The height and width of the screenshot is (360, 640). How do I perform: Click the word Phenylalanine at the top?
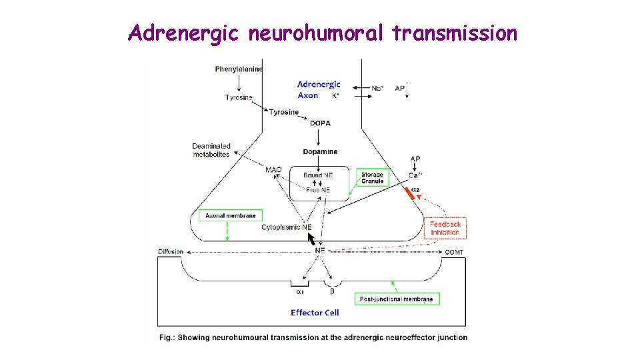coord(239,69)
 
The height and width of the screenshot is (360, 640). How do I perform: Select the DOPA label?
coord(320,123)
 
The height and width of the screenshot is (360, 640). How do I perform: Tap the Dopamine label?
coord(320,151)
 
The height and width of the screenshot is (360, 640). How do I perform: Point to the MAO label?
coord(273,170)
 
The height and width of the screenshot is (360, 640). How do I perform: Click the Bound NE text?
coord(318,175)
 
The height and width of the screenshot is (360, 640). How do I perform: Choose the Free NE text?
coord(318,190)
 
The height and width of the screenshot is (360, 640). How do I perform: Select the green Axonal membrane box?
coord(230,216)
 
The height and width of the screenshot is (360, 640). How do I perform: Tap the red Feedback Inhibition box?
coord(445,228)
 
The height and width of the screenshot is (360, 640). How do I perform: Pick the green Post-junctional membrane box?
coord(397,299)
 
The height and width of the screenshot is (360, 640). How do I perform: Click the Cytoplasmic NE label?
coord(287,227)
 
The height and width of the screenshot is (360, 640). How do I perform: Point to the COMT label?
coord(454,252)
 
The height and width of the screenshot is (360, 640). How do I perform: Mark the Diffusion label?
coord(171,252)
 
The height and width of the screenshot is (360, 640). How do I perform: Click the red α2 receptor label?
coord(415,190)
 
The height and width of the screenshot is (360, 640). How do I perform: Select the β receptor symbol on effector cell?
coord(332,291)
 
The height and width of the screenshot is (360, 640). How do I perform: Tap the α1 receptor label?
coord(300,291)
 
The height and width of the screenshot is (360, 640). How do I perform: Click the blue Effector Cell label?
coord(315,313)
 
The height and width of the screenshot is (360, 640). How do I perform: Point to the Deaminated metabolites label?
coord(211,150)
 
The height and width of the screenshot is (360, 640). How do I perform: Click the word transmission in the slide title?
coord(455,33)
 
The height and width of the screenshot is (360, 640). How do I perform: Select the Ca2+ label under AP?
coord(415,175)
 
